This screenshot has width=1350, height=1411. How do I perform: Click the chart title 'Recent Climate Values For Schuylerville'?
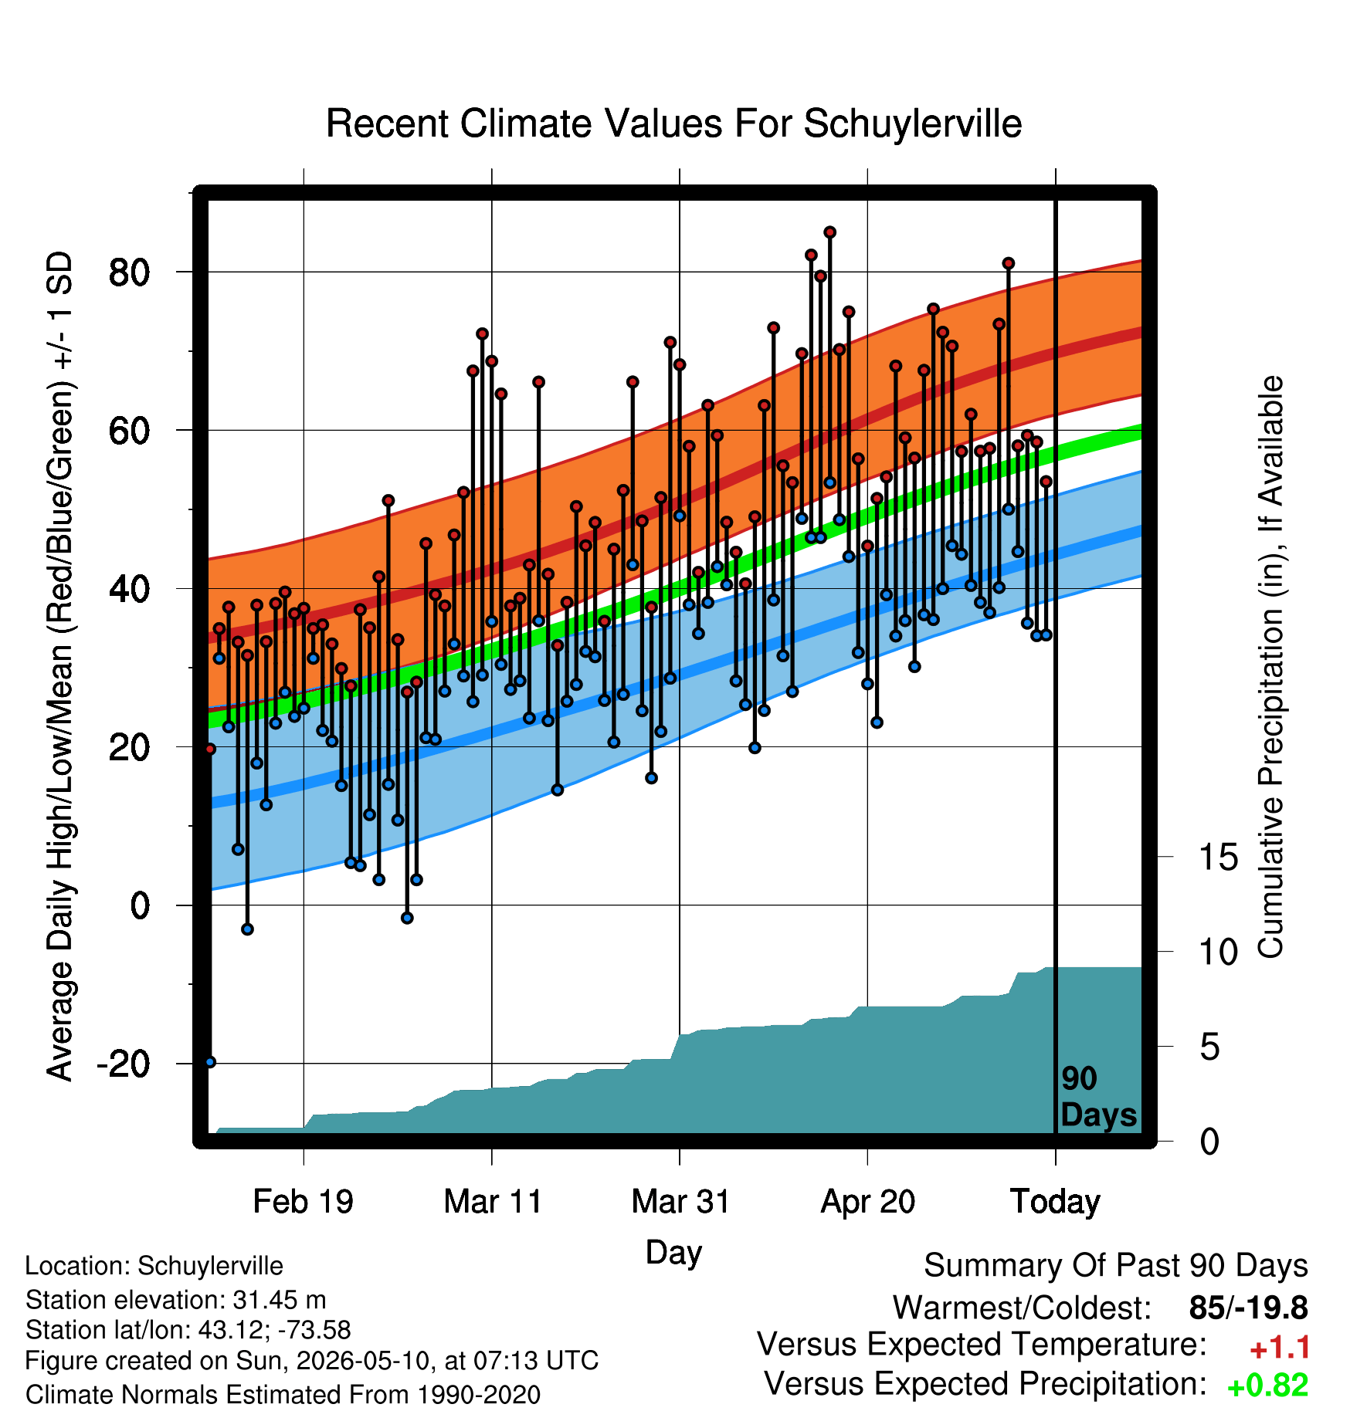[x=673, y=124]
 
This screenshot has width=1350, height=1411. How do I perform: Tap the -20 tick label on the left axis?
[x=124, y=1064]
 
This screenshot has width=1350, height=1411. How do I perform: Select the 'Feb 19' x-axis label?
[x=303, y=1201]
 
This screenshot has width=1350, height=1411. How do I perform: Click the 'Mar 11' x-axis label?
[x=493, y=1201]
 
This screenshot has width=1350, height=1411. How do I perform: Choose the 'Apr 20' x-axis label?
[x=867, y=1201]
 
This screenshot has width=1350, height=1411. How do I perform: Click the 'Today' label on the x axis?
[x=1055, y=1202]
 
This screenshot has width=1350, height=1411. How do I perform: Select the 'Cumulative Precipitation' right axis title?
[x=1270, y=668]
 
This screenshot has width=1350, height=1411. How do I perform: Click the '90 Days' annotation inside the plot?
[x=1098, y=1097]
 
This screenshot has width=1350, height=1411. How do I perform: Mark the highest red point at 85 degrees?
[x=830, y=232]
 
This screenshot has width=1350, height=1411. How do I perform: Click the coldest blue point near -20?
[x=210, y=1062]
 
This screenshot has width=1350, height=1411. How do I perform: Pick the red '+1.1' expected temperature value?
[x=1280, y=1348]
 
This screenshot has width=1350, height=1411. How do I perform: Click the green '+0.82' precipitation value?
[x=1268, y=1386]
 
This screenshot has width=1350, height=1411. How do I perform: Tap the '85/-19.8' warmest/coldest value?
[x=1249, y=1308]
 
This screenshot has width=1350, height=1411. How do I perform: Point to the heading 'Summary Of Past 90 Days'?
[x=1116, y=1266]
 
